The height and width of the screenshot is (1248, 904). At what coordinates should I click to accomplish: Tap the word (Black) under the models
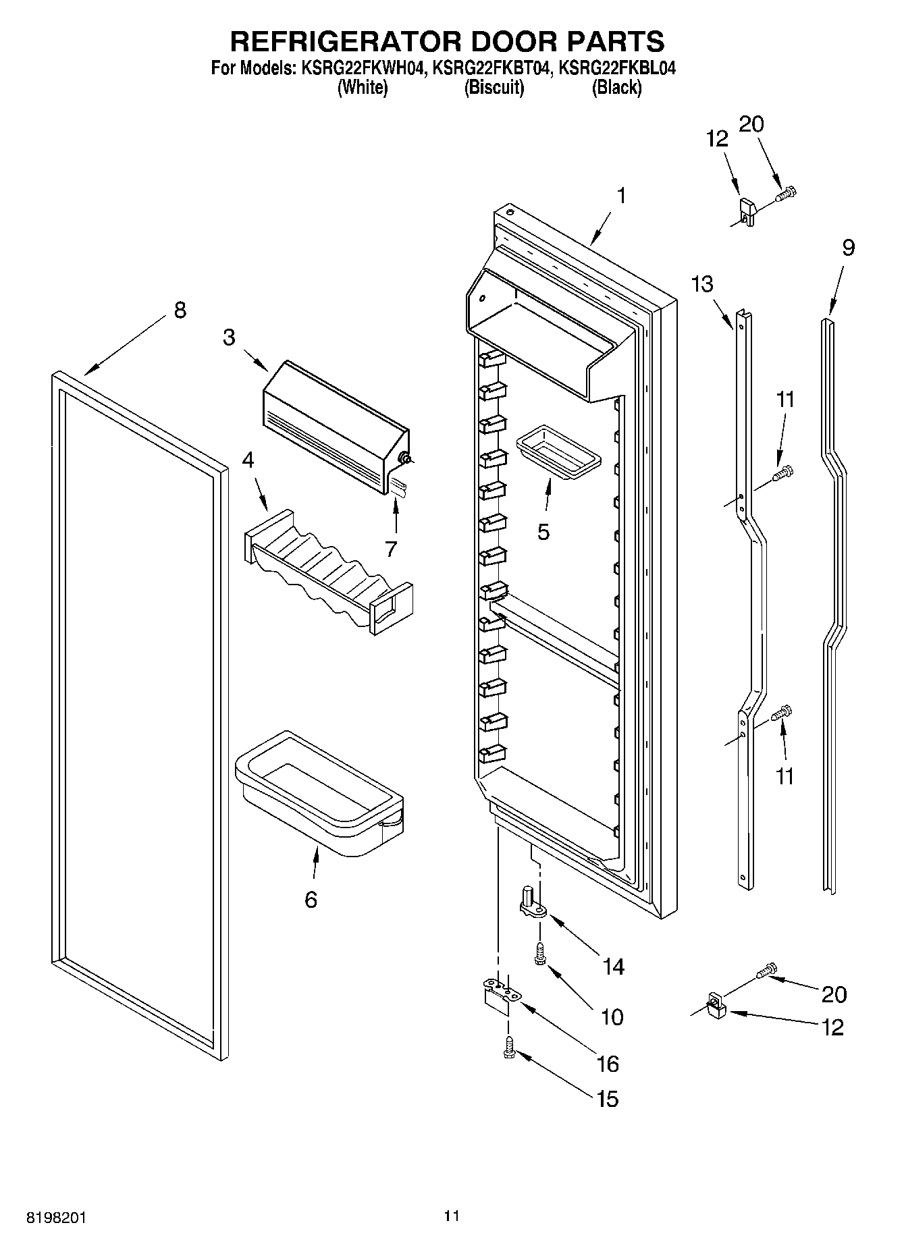click(616, 87)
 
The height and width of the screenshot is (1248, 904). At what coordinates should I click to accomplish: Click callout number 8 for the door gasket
click(179, 310)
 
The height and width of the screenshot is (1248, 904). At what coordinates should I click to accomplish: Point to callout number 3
click(230, 337)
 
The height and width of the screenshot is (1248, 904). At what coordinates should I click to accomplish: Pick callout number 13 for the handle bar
click(702, 284)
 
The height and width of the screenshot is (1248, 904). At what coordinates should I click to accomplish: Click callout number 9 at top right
click(848, 248)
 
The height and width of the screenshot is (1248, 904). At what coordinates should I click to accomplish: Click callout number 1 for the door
click(620, 196)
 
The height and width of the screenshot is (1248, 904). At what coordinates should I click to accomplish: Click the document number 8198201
click(56, 1218)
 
